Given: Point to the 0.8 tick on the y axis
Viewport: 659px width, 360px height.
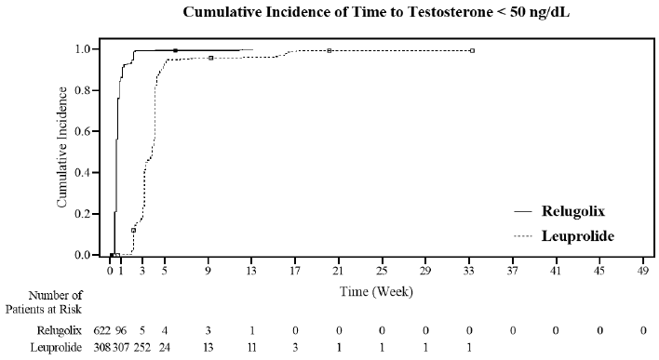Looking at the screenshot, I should (x=89, y=90).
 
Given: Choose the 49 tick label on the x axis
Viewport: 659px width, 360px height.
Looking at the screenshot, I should (x=643, y=272).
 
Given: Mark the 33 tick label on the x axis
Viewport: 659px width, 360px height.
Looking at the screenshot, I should (x=470, y=272).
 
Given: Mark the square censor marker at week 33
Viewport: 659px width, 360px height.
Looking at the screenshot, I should (x=472, y=50).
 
